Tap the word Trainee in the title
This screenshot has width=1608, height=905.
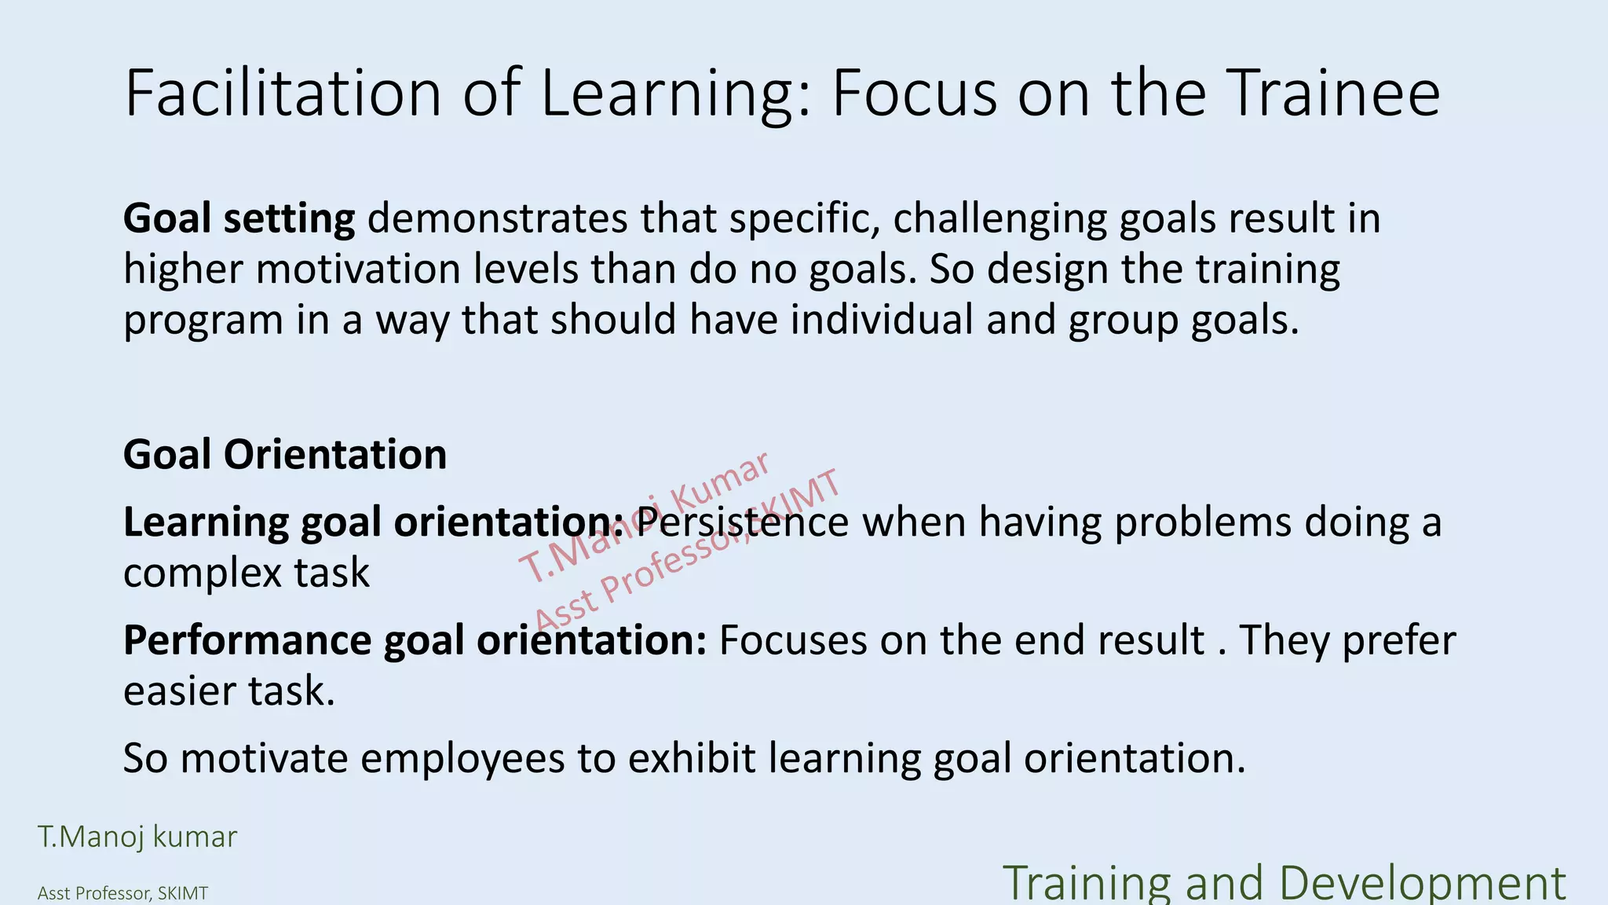coord(1333,93)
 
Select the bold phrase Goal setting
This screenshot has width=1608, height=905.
coord(239,219)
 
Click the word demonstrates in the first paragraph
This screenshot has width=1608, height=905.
coord(497,218)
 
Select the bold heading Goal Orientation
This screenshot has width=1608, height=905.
coord(285,454)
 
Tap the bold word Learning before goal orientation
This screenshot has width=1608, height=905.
coord(206,522)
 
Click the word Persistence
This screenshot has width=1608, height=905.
coord(742,522)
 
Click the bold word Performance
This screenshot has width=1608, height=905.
coord(247,640)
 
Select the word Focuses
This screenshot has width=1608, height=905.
coord(792,640)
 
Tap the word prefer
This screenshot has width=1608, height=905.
coord(1398,640)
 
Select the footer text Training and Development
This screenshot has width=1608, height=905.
coord(1285,884)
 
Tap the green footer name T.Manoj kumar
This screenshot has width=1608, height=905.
coord(137,837)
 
